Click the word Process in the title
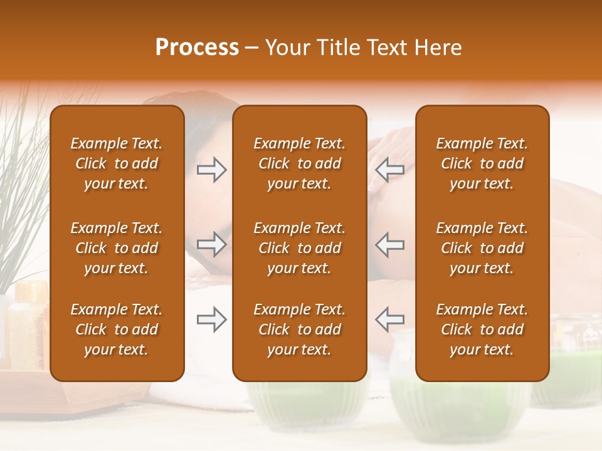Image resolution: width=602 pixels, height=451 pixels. click(x=197, y=48)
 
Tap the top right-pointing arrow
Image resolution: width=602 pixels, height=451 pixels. click(x=212, y=170)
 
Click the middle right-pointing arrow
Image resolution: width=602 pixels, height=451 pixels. click(x=212, y=244)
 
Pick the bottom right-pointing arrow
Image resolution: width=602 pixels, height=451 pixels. click(x=212, y=319)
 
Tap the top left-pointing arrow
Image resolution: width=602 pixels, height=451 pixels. click(x=389, y=170)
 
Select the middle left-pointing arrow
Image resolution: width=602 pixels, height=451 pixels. click(x=389, y=244)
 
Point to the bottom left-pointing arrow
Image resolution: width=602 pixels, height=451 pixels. click(x=389, y=319)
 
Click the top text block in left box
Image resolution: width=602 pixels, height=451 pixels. click(x=117, y=163)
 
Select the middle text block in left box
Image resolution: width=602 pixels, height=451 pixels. click(x=117, y=248)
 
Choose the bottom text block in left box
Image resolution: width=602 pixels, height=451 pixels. click(x=117, y=329)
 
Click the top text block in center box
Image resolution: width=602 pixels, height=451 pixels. click(x=299, y=163)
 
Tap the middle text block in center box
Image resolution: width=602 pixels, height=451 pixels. click(x=299, y=248)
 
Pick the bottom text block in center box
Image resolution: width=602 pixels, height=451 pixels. click(x=299, y=329)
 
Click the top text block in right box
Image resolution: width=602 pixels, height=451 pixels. click(x=482, y=163)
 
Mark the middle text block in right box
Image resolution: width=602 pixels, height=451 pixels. click(x=482, y=248)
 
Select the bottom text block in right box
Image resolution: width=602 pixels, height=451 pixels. click(x=482, y=329)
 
